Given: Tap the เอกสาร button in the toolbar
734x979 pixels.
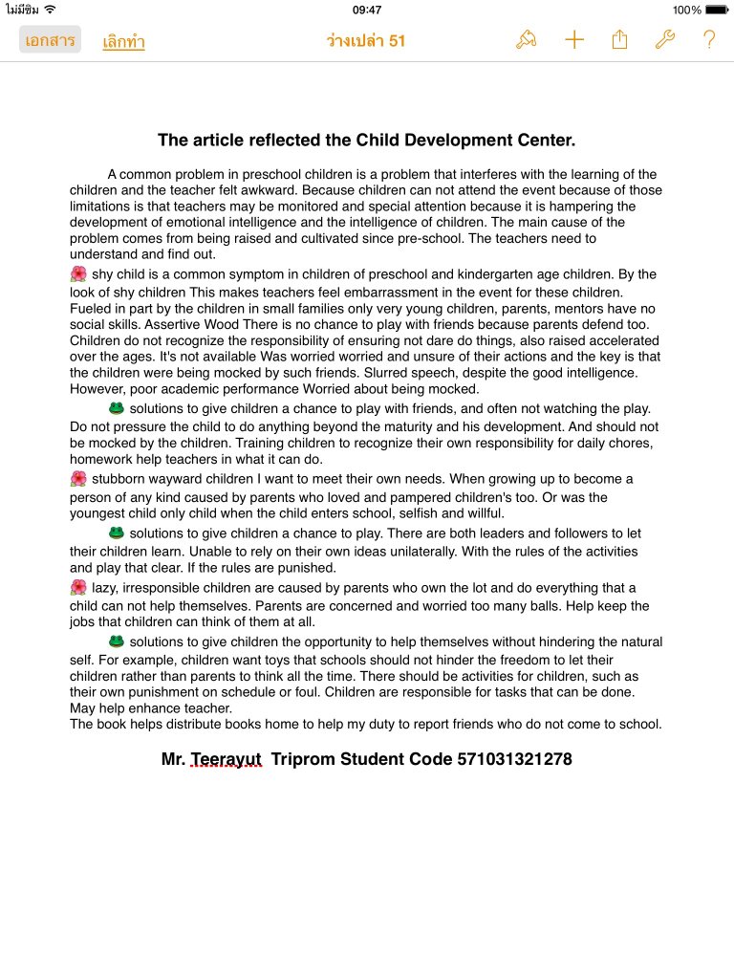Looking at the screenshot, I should [50, 40].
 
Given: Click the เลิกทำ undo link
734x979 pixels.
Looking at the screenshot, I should [123, 41].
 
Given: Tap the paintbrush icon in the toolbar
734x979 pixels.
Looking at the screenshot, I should [526, 39].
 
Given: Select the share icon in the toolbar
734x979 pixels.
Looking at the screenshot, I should [619, 39].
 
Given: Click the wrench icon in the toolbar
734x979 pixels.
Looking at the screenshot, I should [664, 39].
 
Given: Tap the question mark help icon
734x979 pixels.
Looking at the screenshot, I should [709, 39].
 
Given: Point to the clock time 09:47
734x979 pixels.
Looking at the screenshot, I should [367, 10].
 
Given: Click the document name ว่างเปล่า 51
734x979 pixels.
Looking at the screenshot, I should [366, 40].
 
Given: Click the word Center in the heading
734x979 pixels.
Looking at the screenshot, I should [546, 141].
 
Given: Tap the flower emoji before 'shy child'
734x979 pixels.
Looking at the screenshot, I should [78, 274].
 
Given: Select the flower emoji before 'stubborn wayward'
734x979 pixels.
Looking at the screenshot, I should [78, 479].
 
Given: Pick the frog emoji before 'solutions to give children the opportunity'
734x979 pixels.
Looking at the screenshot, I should [117, 642].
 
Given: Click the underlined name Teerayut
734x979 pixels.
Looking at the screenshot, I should [226, 759].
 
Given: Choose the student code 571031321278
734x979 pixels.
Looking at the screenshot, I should [514, 759].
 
